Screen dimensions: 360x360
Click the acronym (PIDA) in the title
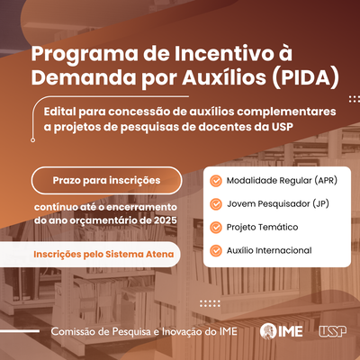[306, 77]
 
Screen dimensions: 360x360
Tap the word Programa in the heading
[85, 54]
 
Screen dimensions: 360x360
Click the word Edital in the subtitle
[60, 112]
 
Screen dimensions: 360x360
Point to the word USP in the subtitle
[283, 127]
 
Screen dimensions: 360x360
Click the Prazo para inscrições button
[106, 180]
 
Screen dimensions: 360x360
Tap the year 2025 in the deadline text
[166, 220]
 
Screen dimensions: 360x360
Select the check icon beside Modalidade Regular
[216, 181]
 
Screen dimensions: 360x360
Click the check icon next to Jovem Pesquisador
[216, 204]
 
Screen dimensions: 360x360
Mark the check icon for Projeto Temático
[216, 228]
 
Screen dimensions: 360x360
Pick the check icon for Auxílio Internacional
[216, 250]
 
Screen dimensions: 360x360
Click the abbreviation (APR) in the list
[326, 181]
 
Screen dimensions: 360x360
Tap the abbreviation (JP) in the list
[321, 204]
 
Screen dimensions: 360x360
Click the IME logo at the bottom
[281, 331]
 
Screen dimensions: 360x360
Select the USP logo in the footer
[332, 331]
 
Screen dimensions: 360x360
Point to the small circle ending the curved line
[33, 139]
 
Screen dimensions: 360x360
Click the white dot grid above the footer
[210, 303]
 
